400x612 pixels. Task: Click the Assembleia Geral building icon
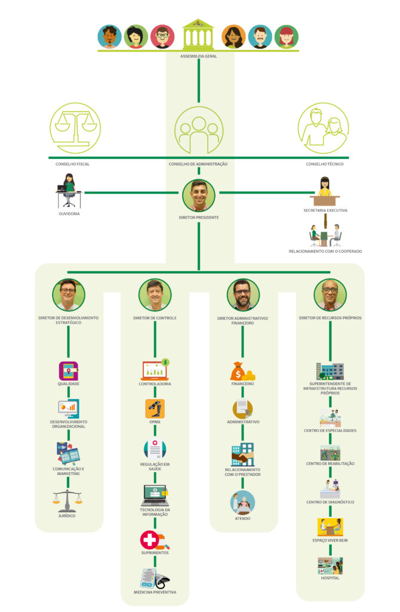(x=198, y=35)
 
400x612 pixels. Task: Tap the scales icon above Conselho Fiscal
(x=75, y=128)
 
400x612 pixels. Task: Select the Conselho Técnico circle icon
(x=323, y=128)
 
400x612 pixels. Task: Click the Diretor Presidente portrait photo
(x=198, y=195)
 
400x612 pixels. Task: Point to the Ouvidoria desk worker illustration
(x=69, y=192)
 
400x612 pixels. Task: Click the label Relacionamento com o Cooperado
(x=325, y=252)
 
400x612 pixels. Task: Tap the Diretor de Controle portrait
(x=155, y=295)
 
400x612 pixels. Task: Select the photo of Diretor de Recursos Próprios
(x=330, y=295)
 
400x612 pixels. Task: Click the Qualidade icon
(x=69, y=371)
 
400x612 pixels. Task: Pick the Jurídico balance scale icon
(x=68, y=501)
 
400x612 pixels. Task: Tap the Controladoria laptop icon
(x=155, y=371)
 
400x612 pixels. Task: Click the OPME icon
(x=155, y=409)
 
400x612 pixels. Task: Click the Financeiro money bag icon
(x=242, y=372)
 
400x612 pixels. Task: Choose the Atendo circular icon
(x=242, y=503)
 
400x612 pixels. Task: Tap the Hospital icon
(x=330, y=565)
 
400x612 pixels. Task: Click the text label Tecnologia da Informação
(x=155, y=512)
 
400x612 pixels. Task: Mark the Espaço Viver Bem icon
(x=330, y=527)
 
